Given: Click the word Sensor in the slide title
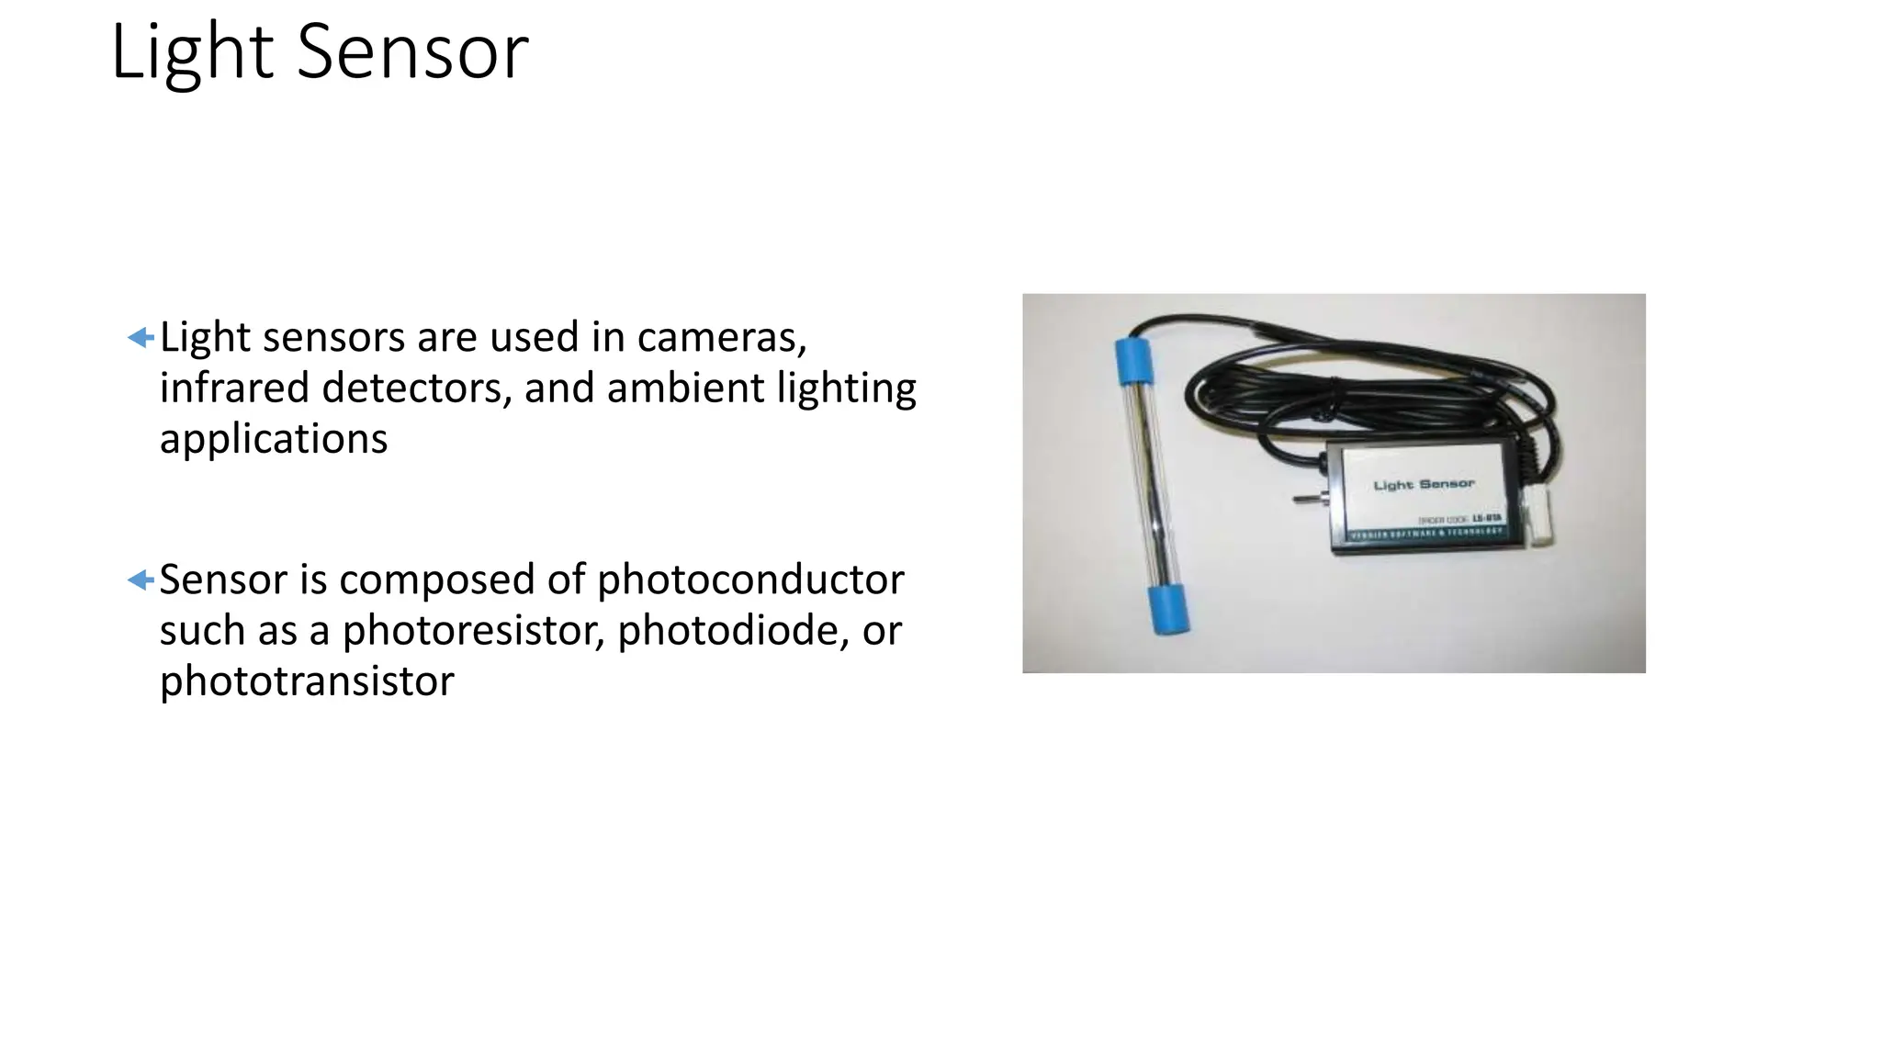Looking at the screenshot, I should tap(412, 52).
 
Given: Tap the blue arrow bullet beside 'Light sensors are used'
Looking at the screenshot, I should tap(141, 338).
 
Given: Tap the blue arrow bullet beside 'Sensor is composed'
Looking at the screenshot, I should tap(141, 580).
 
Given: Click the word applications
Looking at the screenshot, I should tap(274, 439).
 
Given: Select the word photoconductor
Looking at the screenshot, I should tap(750, 580).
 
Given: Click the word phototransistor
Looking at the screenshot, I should tap(307, 681).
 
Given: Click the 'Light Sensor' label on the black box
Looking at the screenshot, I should tap(1424, 484).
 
